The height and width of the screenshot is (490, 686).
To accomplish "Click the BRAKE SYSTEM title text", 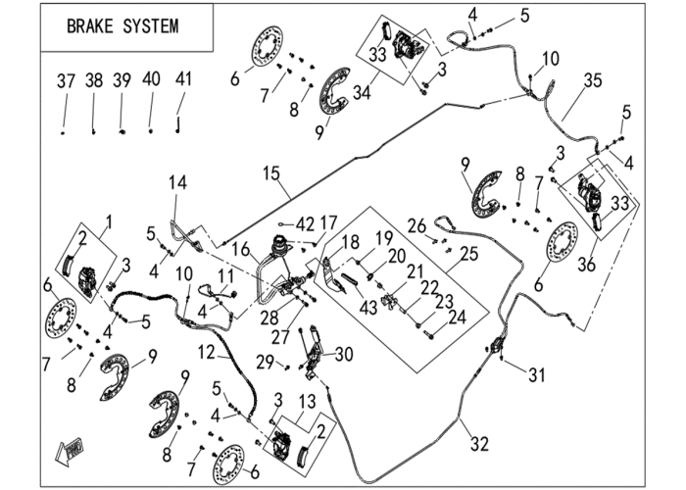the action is point(122,26).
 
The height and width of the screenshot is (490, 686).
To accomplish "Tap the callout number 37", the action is point(66,81).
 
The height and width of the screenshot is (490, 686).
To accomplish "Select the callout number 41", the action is point(183,79).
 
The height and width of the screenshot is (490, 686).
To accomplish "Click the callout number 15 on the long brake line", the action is point(271,173).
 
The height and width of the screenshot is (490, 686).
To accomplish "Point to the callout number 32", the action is point(479,444).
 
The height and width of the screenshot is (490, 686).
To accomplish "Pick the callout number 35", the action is point(593,81).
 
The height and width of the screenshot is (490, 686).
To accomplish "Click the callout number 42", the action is point(305,224).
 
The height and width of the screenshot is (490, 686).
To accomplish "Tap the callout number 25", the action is point(469,254).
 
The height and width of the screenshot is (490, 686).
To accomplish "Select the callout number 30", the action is point(343,355).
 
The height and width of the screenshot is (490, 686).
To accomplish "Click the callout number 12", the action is point(206,352).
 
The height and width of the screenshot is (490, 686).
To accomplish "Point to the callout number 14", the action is point(178,182).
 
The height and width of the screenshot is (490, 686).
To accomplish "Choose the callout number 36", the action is point(587,265).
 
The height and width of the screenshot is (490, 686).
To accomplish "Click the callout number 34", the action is point(362,93).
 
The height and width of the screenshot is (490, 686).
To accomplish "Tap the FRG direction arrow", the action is point(69,451).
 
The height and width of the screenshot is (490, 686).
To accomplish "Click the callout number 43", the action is point(367,308).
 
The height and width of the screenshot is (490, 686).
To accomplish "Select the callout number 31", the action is point(537,375).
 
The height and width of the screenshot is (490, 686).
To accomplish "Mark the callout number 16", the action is point(241,250).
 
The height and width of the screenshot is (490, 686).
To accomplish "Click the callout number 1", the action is point(109,221).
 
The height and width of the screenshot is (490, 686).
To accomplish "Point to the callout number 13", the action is point(307,401).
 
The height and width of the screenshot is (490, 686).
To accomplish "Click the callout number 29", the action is point(266,363).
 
